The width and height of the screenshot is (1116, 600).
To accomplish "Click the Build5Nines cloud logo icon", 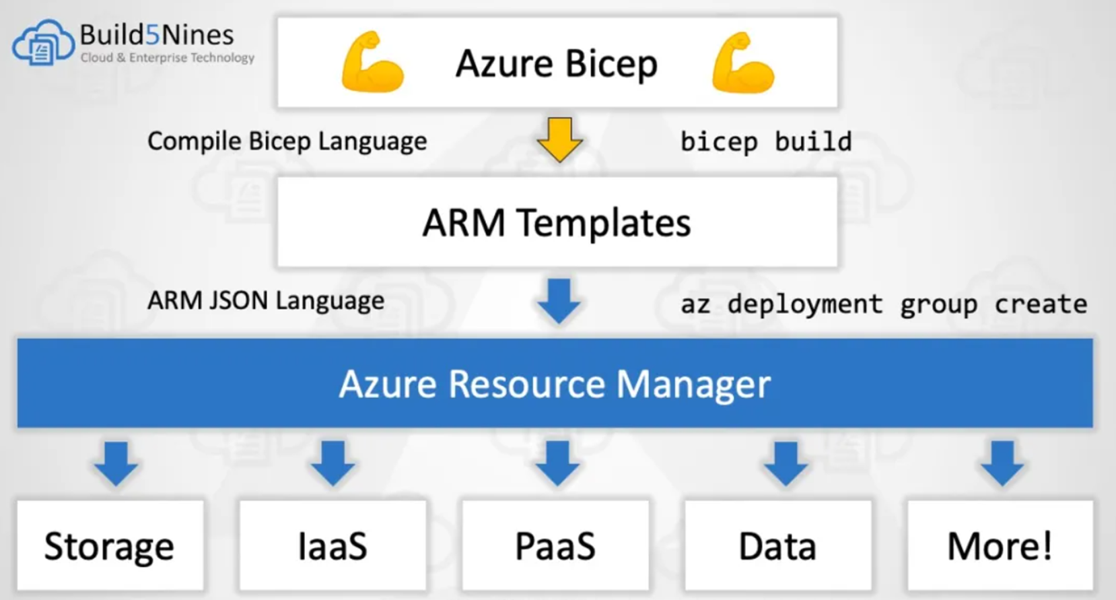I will coord(42,43).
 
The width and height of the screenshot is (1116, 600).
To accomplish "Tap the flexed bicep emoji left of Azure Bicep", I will coord(372,62).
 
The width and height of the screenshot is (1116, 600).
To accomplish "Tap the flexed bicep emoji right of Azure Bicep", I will coord(742,62).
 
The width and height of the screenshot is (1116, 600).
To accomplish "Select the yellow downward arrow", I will coord(559,139).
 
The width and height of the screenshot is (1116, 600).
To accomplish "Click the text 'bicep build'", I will coord(766,141).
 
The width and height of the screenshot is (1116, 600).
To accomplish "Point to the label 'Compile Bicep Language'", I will coord(287,141).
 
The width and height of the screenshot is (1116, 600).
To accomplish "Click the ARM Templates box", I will coord(557,222).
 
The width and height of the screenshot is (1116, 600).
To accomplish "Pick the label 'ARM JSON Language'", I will coord(266,300).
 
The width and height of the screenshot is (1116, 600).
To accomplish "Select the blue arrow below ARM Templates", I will coord(559,300).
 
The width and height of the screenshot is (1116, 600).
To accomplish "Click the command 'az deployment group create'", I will coord(883,304).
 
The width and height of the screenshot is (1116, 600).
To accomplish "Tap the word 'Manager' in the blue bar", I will coord(693,384).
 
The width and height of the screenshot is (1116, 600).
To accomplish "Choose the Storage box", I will coord(110,545).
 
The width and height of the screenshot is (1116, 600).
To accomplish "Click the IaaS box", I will coord(333,545).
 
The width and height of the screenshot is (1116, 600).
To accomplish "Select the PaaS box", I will coord(555,545).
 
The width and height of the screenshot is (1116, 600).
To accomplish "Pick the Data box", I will coord(777,545).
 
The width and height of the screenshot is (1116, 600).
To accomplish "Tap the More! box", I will coord(1000,545).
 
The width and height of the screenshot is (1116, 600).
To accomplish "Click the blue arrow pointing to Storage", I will coord(116,463).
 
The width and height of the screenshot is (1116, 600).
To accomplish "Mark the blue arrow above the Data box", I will coord(786,463).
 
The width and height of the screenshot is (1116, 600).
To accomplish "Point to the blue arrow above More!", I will coord(1002,463).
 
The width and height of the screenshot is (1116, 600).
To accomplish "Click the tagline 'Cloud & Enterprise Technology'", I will coord(168,58).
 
